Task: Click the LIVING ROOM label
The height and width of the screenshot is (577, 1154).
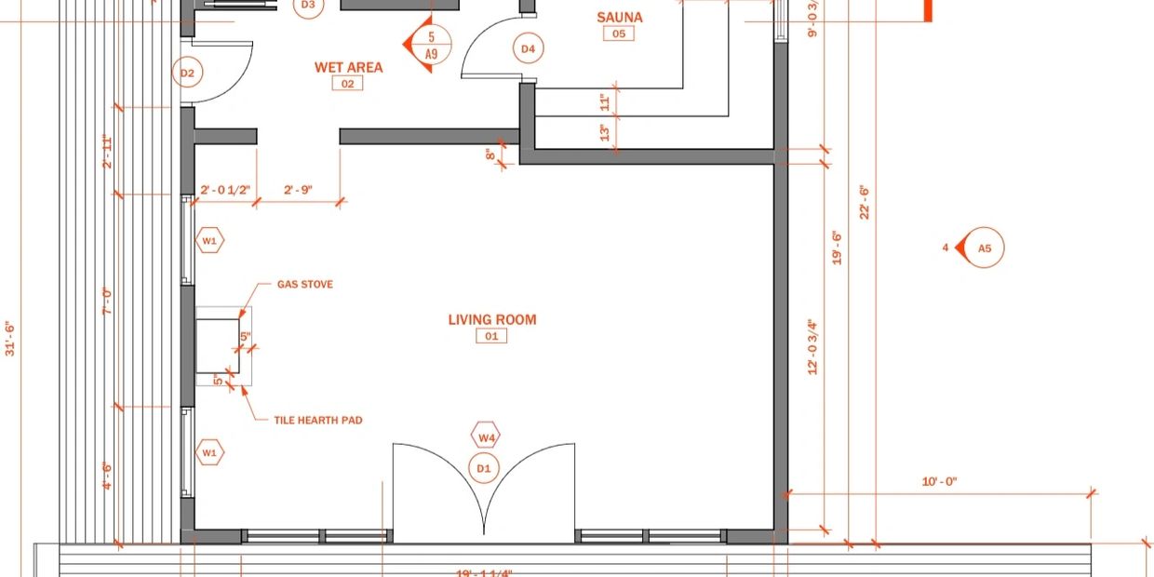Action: [491, 319]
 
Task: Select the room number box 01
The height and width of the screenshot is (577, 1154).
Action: [491, 336]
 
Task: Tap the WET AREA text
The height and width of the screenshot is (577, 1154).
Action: [348, 67]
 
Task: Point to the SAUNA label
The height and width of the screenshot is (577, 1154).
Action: [619, 17]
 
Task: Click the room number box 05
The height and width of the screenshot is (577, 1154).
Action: [619, 34]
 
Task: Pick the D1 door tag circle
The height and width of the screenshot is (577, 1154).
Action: [484, 468]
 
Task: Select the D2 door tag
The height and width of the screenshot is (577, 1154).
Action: [187, 73]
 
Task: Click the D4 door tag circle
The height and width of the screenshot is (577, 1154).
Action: [528, 48]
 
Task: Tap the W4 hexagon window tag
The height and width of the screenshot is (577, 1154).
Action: [487, 436]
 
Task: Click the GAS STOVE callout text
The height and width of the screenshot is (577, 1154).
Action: [304, 285]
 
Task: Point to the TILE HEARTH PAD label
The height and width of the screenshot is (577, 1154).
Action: [317, 421]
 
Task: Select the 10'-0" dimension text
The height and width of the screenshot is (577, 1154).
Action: [939, 482]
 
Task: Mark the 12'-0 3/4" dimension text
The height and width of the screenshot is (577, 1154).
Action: [812, 347]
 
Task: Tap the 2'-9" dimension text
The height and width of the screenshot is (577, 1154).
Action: [298, 190]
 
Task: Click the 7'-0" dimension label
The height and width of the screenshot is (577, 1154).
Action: [107, 301]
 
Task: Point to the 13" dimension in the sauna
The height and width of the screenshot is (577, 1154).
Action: [605, 134]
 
